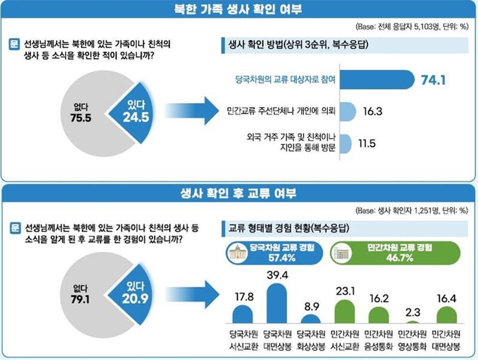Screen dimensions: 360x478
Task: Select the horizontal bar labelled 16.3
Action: tap(349, 111)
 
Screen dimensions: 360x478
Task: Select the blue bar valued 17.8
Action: tap(242, 315)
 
